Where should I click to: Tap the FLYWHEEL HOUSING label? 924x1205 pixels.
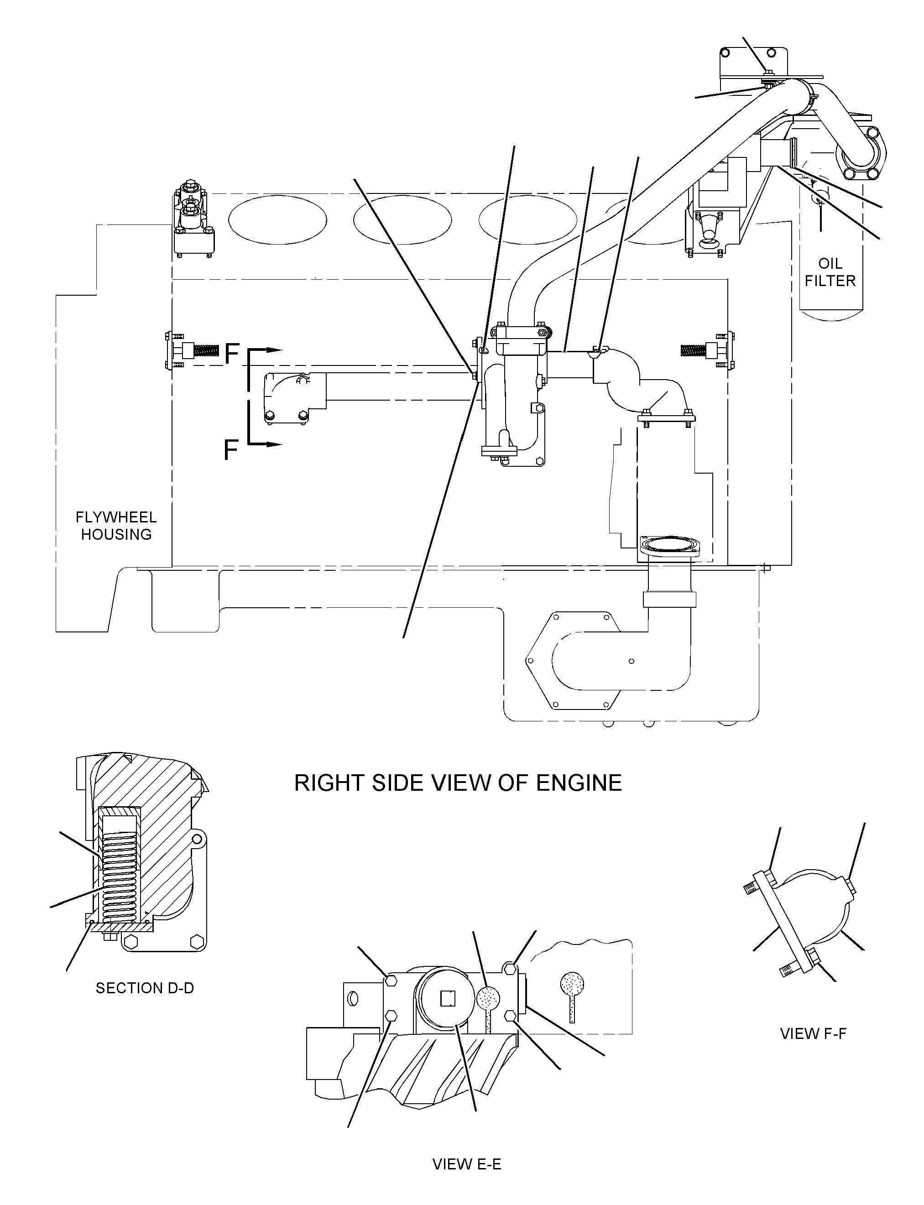coord(116,526)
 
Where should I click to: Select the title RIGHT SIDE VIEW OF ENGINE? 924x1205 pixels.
coord(458,783)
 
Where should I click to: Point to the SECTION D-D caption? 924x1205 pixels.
coord(145,988)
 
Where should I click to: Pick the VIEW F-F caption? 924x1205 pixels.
coord(813,1033)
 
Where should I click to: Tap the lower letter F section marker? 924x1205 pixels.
coord(231,450)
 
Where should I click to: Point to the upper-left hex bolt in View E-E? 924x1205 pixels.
coord(391,980)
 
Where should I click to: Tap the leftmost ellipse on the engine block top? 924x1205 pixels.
coord(278,220)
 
